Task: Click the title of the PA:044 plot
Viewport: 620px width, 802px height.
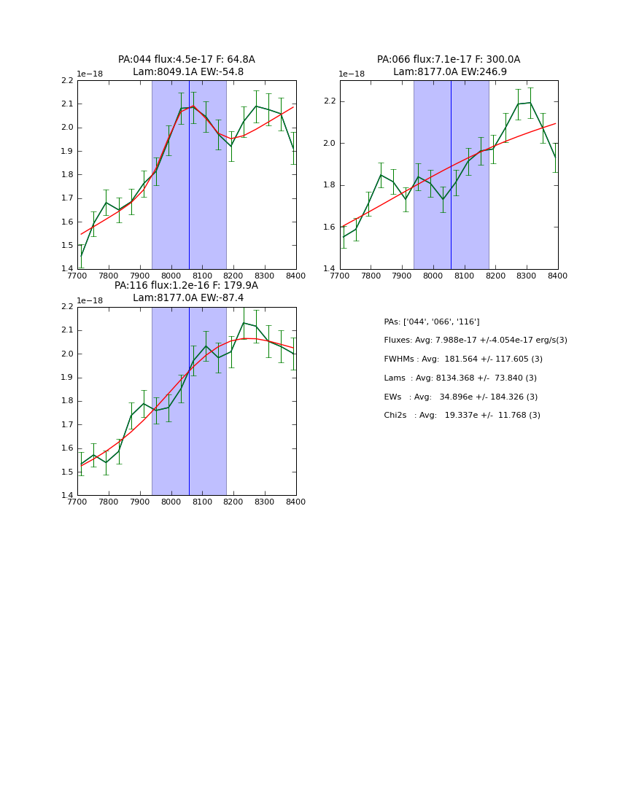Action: [x=187, y=66]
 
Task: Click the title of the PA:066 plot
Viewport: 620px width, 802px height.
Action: [x=449, y=66]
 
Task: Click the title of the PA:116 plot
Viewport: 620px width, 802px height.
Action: [x=187, y=292]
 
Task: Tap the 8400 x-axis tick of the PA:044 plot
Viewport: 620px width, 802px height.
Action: [x=295, y=276]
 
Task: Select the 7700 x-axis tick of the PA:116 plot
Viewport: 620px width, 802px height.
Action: [x=77, y=502]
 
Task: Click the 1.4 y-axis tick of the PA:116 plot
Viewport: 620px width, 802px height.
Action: [x=67, y=496]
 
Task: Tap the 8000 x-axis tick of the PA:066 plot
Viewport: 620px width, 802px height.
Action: [x=433, y=276]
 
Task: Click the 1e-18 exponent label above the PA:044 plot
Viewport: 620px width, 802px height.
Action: [x=90, y=74]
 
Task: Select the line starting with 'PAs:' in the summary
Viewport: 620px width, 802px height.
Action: [x=432, y=322]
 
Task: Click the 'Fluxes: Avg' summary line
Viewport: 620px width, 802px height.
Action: [x=476, y=340]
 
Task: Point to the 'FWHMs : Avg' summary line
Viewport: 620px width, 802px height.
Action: [x=463, y=359]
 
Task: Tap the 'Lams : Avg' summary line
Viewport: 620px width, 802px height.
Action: [x=460, y=378]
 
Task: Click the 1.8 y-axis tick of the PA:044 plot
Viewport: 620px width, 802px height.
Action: [x=67, y=175]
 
